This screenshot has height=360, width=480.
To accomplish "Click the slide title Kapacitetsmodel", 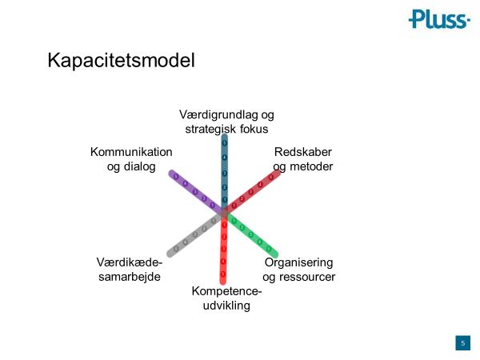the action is pyautogui.click(x=121, y=61).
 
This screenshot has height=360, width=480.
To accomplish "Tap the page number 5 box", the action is pyautogui.click(x=462, y=343).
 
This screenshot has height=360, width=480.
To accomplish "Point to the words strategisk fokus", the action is pyautogui.click(x=226, y=129).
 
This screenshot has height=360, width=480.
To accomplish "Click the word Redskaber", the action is pyautogui.click(x=302, y=152).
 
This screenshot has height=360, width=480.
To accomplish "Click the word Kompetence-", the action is pyautogui.click(x=226, y=290).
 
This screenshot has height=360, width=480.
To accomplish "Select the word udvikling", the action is pyautogui.click(x=227, y=305).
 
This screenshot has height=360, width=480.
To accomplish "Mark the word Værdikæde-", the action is pyautogui.click(x=129, y=262).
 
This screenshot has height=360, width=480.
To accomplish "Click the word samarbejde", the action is pyautogui.click(x=128, y=277).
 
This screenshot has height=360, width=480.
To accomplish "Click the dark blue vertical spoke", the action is pyautogui.click(x=224, y=168).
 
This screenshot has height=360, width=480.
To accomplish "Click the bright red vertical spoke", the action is pyautogui.click(x=223, y=248).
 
